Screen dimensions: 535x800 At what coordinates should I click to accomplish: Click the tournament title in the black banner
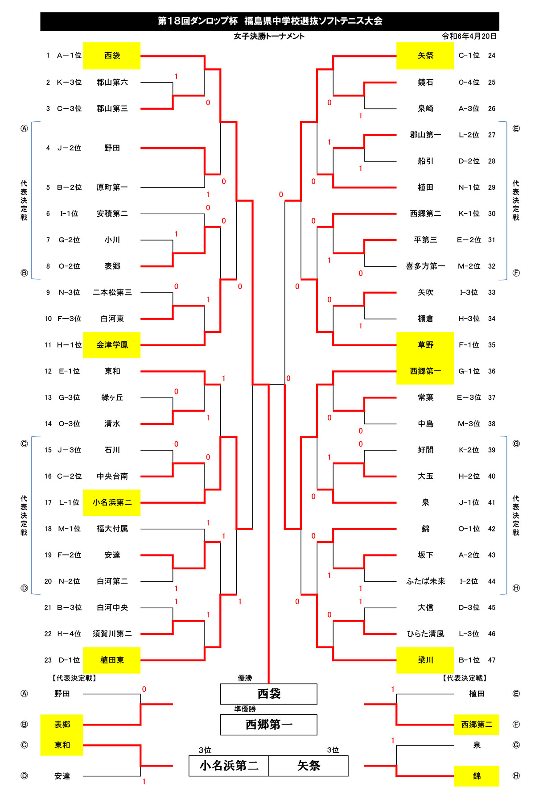[270, 21]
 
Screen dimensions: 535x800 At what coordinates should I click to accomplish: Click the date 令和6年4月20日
[469, 36]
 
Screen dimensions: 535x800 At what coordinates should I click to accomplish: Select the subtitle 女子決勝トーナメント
[269, 36]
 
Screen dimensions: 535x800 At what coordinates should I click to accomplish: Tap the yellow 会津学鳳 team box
[112, 345]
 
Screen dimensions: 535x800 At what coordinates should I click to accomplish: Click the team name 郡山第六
[112, 82]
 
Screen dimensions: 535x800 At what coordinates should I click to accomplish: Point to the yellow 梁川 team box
[425, 660]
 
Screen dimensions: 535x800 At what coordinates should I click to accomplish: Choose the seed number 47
[492, 660]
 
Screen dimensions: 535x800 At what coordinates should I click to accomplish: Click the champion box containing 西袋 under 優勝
[269, 694]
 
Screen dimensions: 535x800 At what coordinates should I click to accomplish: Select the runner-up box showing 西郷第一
[269, 725]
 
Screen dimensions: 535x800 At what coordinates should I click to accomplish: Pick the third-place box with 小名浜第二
[229, 766]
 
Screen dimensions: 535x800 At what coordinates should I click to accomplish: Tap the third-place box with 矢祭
[309, 766]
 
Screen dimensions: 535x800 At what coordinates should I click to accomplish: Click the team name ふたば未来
[426, 581]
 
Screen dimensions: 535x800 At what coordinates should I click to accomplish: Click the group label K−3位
[69, 82]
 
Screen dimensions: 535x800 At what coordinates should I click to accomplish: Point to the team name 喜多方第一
[425, 266]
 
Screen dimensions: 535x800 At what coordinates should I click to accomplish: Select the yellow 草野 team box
[425, 345]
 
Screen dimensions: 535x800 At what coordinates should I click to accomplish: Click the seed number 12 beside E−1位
[48, 371]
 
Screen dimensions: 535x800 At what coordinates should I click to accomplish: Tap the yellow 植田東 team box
[112, 660]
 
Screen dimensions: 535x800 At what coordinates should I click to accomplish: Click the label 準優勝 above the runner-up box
[245, 709]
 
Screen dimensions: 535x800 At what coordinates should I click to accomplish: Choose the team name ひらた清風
[426, 634]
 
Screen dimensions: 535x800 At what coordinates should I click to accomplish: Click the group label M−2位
[469, 266]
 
